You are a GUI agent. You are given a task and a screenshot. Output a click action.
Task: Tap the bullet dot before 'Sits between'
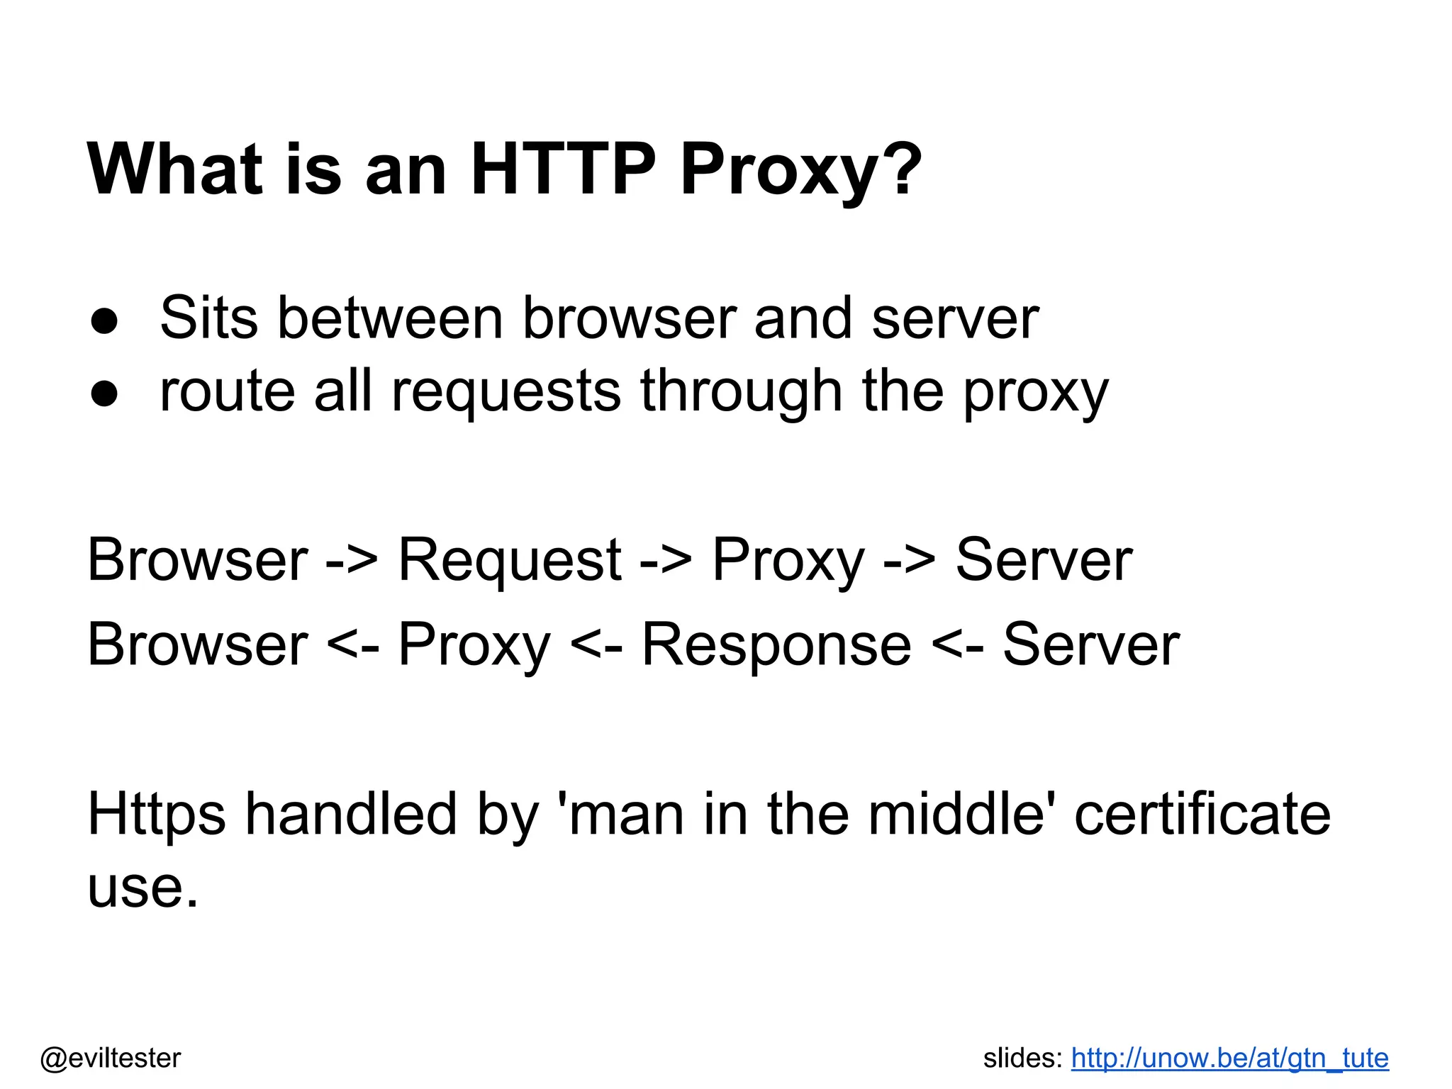[104, 320]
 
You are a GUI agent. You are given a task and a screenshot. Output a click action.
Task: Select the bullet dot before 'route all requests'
[104, 393]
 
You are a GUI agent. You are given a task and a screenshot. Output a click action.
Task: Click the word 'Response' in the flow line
[776, 645]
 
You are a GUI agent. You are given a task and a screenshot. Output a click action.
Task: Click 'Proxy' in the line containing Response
[474, 645]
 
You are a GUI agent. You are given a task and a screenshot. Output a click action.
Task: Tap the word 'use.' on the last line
[143, 888]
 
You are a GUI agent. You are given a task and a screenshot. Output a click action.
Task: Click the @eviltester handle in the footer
[111, 1059]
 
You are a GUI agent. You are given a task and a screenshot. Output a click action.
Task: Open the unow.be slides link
[1229, 1059]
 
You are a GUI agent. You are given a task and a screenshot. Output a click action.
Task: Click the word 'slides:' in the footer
[1022, 1059]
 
